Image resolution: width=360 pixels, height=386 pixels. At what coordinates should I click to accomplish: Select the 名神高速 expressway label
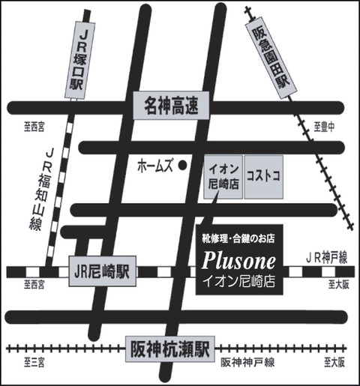tap(172, 106)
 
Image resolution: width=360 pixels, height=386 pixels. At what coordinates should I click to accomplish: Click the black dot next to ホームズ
tap(183, 163)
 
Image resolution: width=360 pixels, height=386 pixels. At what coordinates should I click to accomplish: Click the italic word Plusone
tap(239, 261)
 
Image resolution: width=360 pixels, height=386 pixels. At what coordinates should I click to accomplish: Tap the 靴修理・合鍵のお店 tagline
tap(239, 239)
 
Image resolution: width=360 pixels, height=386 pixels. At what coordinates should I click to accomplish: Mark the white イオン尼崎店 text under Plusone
tap(239, 283)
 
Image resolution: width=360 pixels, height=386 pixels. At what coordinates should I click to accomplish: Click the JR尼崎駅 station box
tap(101, 271)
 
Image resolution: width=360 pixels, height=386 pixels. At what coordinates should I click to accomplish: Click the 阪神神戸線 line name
tap(247, 363)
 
